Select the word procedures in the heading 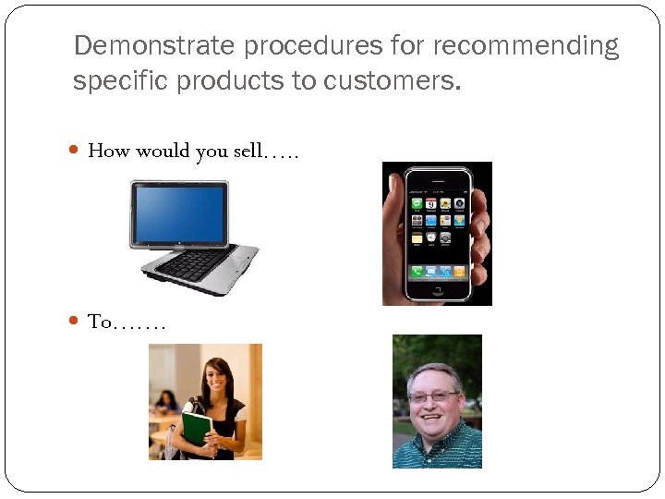pos(280,46)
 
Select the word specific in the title pos(116,81)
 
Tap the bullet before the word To pos(76,322)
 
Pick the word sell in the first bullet pos(248,152)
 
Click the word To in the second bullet pos(99,322)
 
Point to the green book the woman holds pos(197,430)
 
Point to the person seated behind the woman pos(166,403)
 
